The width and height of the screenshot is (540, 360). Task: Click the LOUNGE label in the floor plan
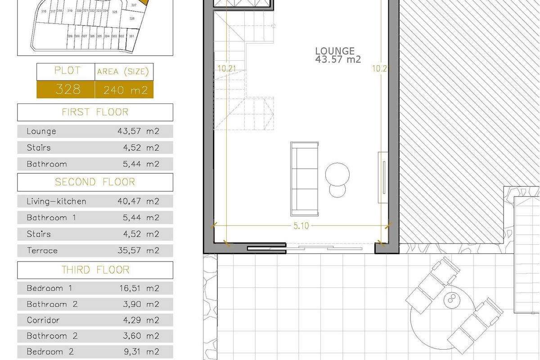pyautogui.click(x=335, y=51)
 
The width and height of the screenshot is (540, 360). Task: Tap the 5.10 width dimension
pyautogui.click(x=301, y=226)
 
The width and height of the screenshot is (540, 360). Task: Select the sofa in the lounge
pyautogui.click(x=305, y=178)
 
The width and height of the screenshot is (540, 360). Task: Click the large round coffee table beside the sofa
pyautogui.click(x=337, y=173)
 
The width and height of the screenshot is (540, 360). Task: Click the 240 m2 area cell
pyautogui.click(x=125, y=90)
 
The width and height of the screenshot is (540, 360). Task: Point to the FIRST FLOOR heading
pyautogui.click(x=95, y=112)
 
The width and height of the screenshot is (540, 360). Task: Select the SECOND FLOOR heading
pyautogui.click(x=95, y=182)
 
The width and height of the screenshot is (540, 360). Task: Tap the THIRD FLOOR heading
pyautogui.click(x=95, y=270)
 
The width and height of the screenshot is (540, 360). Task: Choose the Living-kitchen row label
pyautogui.click(x=56, y=201)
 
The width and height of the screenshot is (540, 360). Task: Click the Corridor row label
pyautogui.click(x=43, y=320)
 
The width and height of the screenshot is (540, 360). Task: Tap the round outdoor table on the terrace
pyautogui.click(x=450, y=301)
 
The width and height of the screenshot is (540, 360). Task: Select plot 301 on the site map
pyautogui.click(x=131, y=36)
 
